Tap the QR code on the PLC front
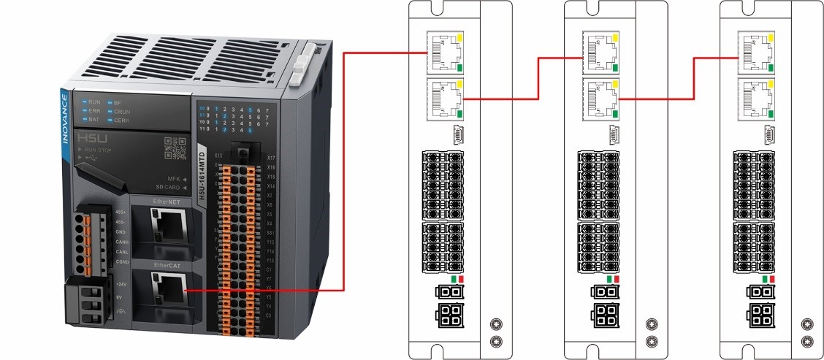175,148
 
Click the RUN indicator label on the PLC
94,102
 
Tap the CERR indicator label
122,118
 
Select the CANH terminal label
122,241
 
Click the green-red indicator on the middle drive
613,279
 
